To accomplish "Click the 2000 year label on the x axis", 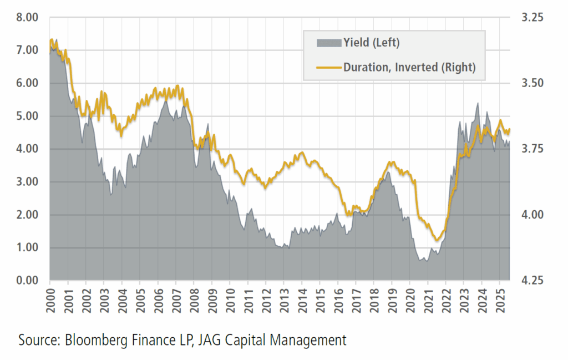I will point(50,300).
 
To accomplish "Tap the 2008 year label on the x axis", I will point(194,300).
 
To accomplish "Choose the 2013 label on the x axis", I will point(284,300).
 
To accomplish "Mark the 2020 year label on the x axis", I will point(410,300).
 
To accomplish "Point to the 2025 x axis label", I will point(500,300).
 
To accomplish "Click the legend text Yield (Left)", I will point(371,43).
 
